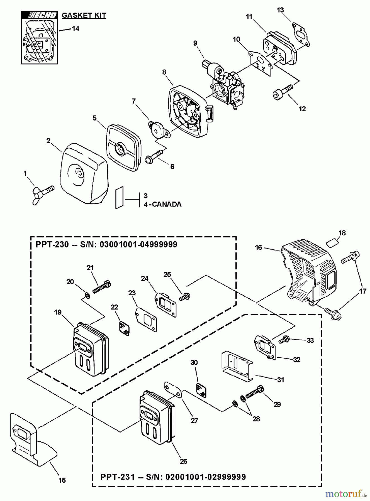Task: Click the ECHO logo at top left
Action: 40,15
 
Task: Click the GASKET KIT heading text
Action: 84,15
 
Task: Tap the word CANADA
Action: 167,204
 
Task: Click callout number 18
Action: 342,233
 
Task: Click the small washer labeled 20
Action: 87,295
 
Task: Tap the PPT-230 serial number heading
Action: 106,245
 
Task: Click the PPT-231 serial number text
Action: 173,477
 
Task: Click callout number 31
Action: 280,380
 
